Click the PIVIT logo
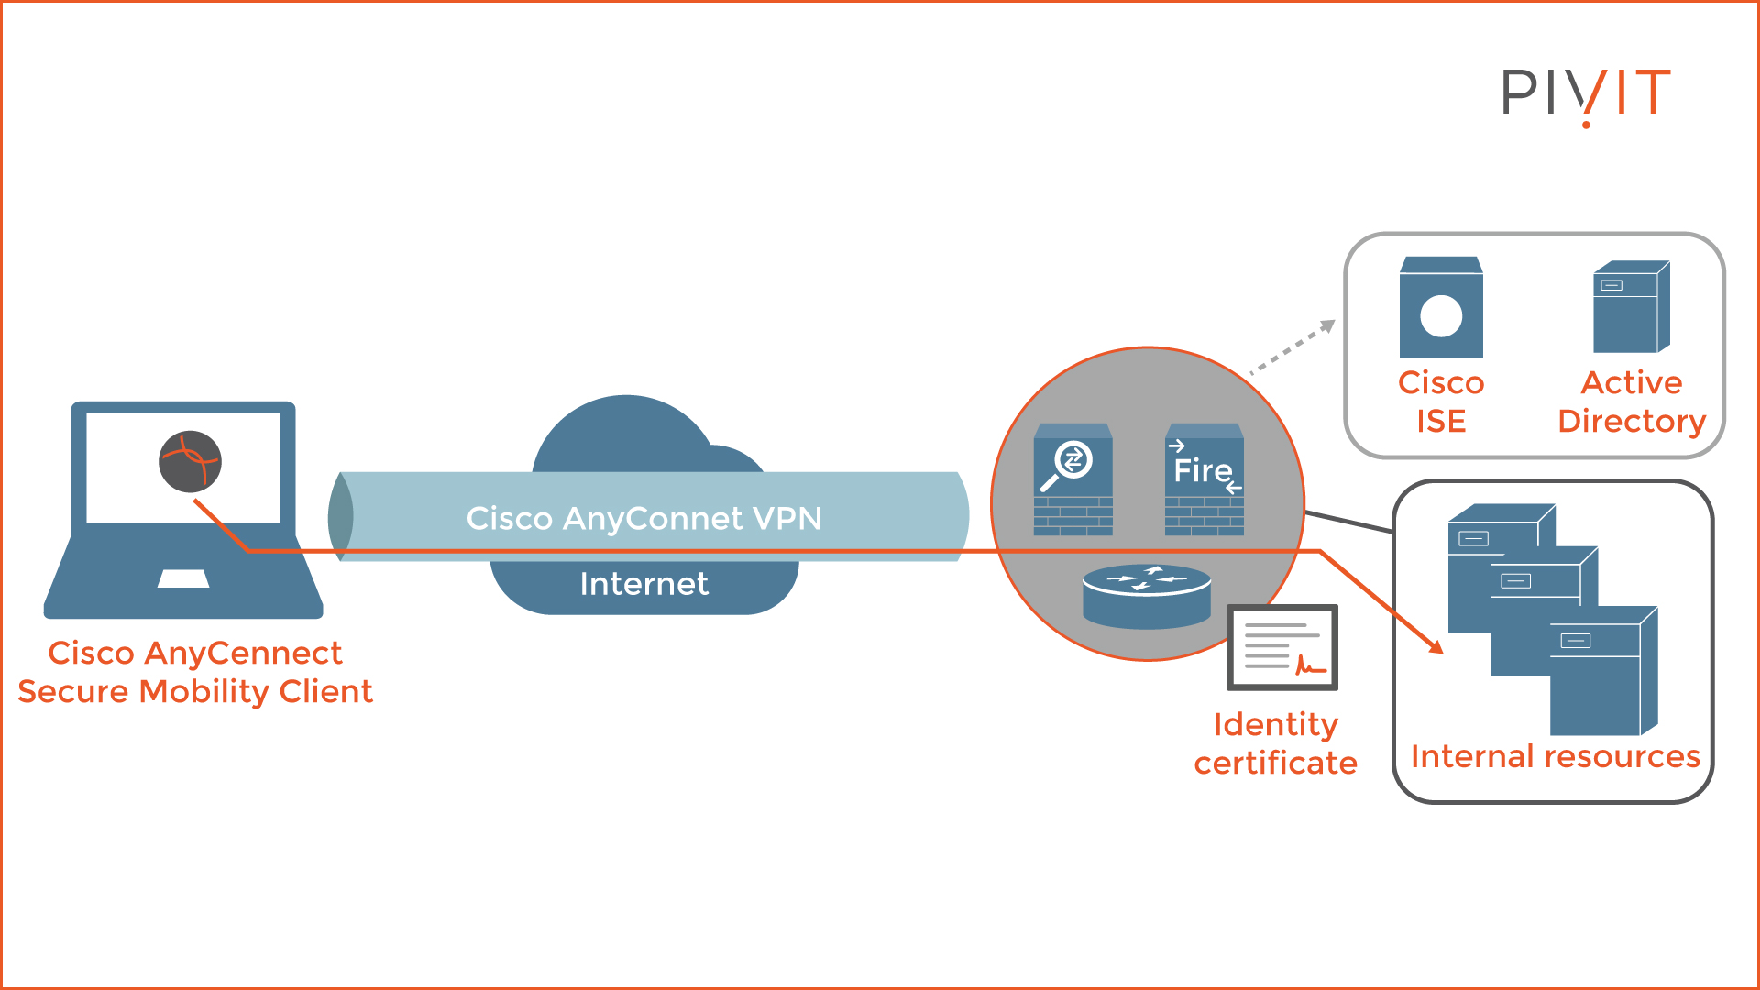click(x=1586, y=93)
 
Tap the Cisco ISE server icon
click(x=1440, y=308)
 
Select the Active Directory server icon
click(x=1631, y=308)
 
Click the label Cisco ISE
click(x=1440, y=401)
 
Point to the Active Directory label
click(x=1631, y=401)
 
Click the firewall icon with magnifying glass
click(x=1072, y=479)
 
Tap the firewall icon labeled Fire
click(x=1204, y=479)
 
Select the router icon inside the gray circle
click(x=1146, y=596)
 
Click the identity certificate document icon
click(x=1282, y=647)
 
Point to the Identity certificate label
click(x=1275, y=743)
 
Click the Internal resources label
click(x=1555, y=756)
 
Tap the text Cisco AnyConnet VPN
click(x=643, y=518)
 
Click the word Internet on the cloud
click(x=643, y=584)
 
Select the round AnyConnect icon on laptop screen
click(x=190, y=461)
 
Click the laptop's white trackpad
click(x=183, y=578)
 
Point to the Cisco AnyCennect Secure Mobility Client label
click(x=195, y=672)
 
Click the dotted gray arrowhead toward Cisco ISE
click(x=1327, y=326)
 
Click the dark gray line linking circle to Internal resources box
click(x=1347, y=522)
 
